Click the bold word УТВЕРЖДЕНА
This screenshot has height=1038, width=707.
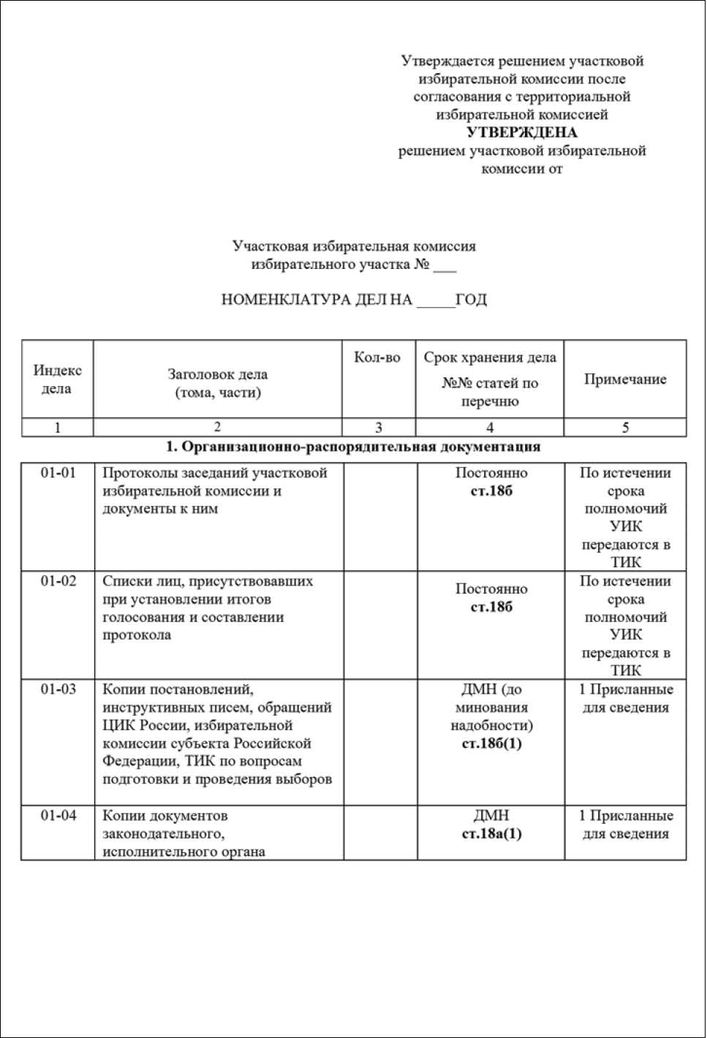tap(521, 132)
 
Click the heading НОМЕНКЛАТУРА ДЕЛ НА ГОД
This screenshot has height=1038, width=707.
tap(354, 300)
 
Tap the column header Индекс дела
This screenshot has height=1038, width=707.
tap(57, 379)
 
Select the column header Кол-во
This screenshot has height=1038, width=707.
tap(377, 357)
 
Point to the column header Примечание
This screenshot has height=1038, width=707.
tap(625, 379)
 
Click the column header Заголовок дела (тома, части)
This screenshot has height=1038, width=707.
tap(217, 383)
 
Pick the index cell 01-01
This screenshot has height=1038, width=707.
tap(58, 473)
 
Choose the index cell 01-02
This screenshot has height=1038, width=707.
tap(58, 581)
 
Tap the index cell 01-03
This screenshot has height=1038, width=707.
tap(58, 689)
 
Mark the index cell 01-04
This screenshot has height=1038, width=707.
tap(58, 816)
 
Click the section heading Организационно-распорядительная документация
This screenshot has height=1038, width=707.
tap(353, 447)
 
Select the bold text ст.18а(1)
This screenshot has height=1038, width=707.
tap(491, 834)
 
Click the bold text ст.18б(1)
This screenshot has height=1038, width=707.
tap(491, 744)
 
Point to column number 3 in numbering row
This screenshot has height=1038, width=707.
tap(378, 428)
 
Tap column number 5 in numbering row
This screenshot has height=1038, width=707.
tap(625, 428)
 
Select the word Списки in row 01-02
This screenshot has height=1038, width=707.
tap(125, 581)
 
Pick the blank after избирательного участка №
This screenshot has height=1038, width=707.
tap(445, 265)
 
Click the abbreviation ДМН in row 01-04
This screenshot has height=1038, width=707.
tap(491, 816)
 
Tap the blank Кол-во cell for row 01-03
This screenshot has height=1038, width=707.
tap(380, 742)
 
